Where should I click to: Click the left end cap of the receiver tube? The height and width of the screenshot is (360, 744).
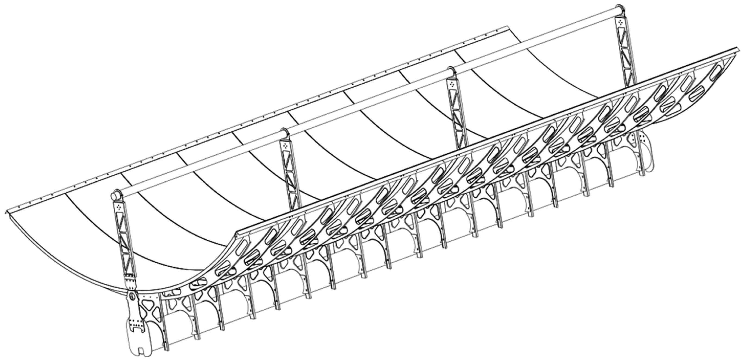(115, 195)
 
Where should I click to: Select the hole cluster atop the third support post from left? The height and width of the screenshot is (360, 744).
(452, 84)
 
